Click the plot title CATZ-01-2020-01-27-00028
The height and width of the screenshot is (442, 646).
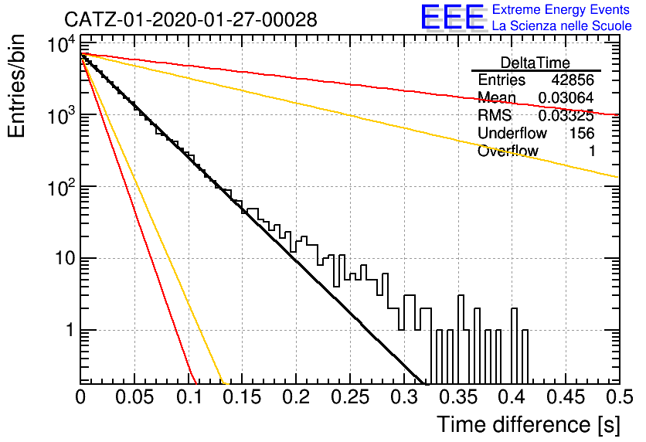191,19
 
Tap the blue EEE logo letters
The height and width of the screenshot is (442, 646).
453,17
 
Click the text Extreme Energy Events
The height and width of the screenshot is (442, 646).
561,9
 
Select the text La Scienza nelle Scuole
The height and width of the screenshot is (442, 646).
562,25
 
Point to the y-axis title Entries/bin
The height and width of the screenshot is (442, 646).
17,86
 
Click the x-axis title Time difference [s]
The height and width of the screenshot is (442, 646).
529,425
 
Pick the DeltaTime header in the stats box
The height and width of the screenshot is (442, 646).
535,63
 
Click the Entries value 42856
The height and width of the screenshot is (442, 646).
573,80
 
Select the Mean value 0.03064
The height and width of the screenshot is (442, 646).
566,97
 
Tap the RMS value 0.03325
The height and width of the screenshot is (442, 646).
566,116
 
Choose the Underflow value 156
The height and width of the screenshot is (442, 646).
582,133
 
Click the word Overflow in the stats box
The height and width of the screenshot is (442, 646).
508,151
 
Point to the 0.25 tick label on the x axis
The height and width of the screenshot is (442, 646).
350,397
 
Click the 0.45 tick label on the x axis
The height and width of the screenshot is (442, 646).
566,397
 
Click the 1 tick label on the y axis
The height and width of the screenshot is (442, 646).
70,331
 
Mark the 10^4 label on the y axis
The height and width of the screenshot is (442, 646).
61,44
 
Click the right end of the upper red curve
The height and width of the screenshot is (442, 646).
619,115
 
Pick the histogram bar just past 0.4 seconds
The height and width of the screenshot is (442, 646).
514,346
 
